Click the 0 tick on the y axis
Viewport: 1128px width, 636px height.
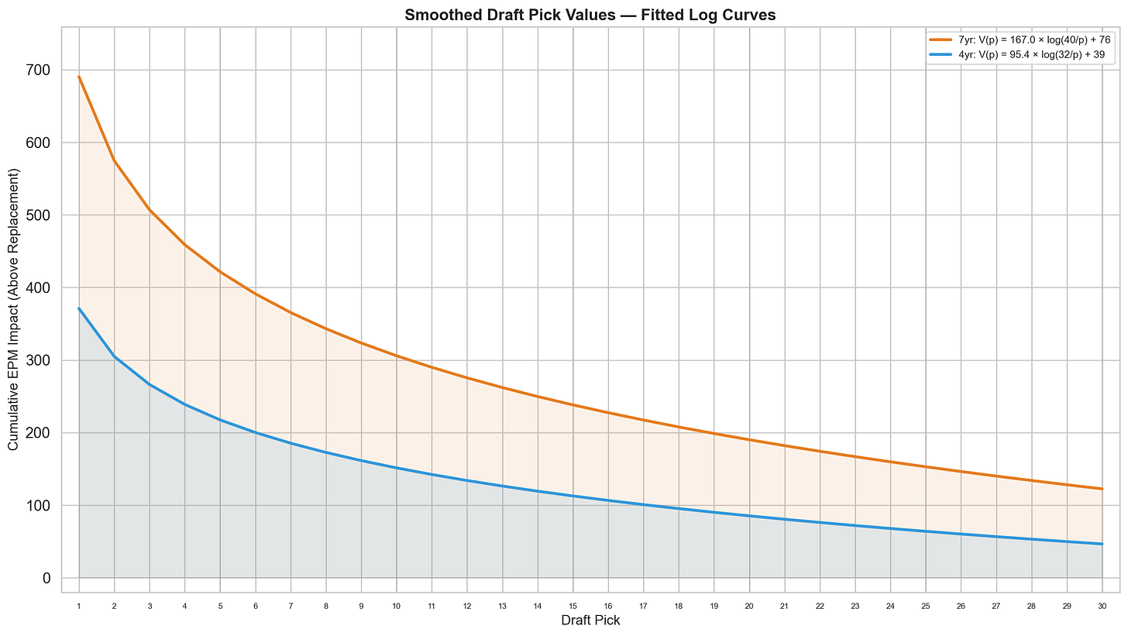click(x=47, y=578)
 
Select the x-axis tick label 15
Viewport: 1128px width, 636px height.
click(x=573, y=605)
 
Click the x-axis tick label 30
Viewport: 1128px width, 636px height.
click(x=1102, y=605)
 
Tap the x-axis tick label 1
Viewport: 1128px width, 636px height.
click(x=79, y=605)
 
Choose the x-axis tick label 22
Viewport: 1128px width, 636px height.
click(x=820, y=605)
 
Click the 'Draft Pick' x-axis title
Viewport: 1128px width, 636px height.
click(x=590, y=621)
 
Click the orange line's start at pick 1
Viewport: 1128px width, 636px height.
click(x=79, y=77)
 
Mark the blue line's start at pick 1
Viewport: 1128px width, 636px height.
click(x=79, y=308)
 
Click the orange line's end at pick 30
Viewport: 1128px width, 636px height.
click(x=1102, y=489)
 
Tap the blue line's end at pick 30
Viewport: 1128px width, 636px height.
click(x=1102, y=544)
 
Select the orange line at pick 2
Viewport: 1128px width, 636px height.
click(x=115, y=160)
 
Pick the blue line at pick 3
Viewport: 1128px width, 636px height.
click(x=150, y=384)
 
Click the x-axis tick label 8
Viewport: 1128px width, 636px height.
click(x=326, y=605)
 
